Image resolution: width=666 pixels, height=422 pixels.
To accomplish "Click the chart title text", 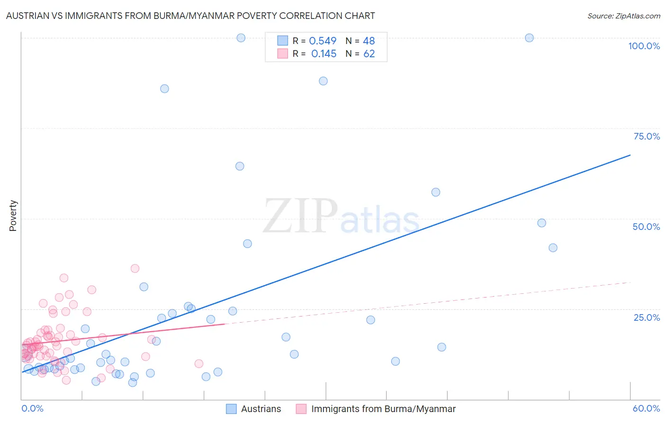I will coord(190,16).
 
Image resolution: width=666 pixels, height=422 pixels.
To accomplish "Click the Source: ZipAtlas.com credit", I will coord(623,16).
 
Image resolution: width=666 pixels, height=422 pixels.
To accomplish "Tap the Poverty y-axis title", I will coord(13,216).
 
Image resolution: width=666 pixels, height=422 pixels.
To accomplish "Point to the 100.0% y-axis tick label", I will coord(644,46).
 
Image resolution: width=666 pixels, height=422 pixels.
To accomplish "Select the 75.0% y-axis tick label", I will coord(647,136).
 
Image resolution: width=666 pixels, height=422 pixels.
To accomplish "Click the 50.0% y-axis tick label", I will coord(646,227).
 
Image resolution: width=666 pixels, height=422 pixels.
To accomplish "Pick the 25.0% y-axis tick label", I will coord(647,317).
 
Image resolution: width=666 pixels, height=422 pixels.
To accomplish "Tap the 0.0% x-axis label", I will coord(32,408).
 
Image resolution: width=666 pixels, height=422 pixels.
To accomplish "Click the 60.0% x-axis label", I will coord(646,408).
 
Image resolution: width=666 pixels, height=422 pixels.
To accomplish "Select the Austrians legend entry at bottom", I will coord(261,409).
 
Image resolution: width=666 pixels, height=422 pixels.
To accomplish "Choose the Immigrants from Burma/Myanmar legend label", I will coord(383,409).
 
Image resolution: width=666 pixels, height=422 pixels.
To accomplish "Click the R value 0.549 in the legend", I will coord(323,41).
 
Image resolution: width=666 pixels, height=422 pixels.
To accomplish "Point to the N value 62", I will coord(369,54).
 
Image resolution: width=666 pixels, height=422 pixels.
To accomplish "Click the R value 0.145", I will coord(324,54).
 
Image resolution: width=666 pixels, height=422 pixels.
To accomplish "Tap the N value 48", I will coord(369,41).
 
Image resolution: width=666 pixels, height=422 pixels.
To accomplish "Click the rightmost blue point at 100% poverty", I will coord(529,38).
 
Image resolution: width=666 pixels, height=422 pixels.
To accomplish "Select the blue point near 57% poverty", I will coord(436,192).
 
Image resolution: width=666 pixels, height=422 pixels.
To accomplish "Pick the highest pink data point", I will coord(135,268).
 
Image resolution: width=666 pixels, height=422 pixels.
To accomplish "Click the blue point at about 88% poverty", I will coord(323,81).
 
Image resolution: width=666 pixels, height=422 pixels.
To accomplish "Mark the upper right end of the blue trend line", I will coord(630,155).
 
